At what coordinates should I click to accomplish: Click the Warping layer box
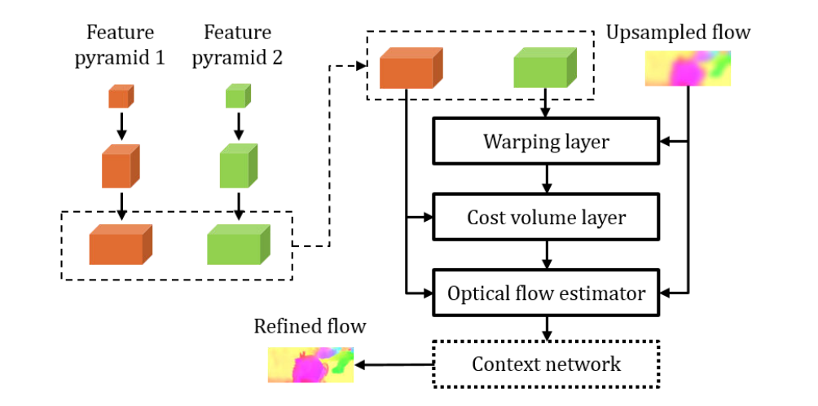click(545, 143)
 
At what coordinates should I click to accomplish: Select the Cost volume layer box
click(545, 218)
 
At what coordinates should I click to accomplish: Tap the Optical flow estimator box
click(545, 292)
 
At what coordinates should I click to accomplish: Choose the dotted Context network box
click(545, 363)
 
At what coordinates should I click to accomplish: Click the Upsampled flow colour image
click(688, 68)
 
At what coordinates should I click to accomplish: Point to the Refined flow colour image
click(312, 364)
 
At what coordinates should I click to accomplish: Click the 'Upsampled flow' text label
click(678, 33)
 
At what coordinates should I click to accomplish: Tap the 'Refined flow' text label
click(310, 327)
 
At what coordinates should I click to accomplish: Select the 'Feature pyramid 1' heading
click(121, 44)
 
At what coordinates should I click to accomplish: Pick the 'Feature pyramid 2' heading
click(237, 44)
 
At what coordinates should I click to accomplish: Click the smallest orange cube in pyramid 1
click(121, 97)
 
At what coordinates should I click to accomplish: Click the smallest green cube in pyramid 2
click(237, 97)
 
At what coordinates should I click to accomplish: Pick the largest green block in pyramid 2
click(238, 244)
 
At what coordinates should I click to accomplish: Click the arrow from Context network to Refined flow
click(395, 364)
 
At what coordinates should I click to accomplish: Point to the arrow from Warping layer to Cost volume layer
click(545, 179)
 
